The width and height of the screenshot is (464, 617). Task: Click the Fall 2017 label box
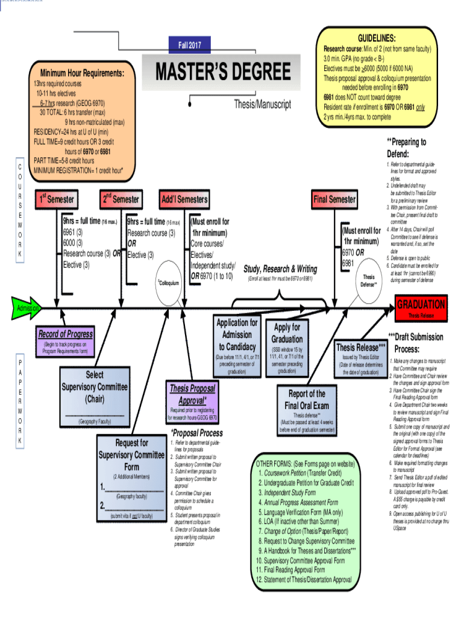pos(190,44)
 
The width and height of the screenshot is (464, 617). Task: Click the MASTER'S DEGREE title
pos(224,72)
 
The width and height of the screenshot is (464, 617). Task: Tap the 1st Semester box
pos(57,199)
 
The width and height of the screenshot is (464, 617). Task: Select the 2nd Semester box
pos(121,199)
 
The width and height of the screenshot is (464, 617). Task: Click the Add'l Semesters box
pos(184,199)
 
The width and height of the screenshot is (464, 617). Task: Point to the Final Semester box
pos(334,199)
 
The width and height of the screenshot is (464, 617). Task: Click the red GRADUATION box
pos(421,304)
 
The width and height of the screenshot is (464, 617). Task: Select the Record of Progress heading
pos(66,334)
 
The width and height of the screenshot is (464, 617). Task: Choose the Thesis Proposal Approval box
pos(192,395)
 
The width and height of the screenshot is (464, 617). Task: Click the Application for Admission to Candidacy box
pos(237,334)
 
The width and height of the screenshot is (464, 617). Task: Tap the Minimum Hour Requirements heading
pos(81,73)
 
